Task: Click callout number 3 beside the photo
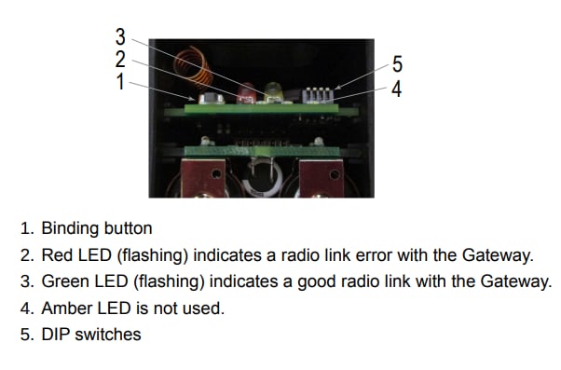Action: point(120,37)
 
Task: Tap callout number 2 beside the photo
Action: point(120,59)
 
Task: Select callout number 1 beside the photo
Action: point(120,82)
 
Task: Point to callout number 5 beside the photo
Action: point(397,64)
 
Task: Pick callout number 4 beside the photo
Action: point(396,89)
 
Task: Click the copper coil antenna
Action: point(192,68)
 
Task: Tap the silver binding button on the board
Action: point(212,99)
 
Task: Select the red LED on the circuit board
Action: point(246,93)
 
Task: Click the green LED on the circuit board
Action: point(274,92)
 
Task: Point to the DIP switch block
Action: point(318,95)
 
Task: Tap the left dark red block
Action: point(203,178)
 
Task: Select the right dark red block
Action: point(322,178)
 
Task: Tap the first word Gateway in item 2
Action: point(498,255)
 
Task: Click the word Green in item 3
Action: point(66,281)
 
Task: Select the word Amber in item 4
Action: point(67,308)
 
